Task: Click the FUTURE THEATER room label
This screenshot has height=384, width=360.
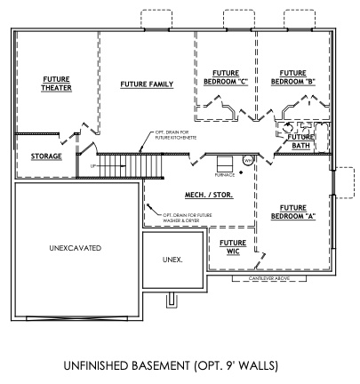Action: point(56,84)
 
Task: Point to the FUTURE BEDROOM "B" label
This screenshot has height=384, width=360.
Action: point(293,77)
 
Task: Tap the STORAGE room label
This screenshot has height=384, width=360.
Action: point(46,156)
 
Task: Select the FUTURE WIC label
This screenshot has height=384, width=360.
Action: point(233,246)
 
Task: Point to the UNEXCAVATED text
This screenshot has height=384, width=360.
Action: point(75,247)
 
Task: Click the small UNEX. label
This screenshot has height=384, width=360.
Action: point(172,260)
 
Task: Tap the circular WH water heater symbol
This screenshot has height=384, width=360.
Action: point(248,160)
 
